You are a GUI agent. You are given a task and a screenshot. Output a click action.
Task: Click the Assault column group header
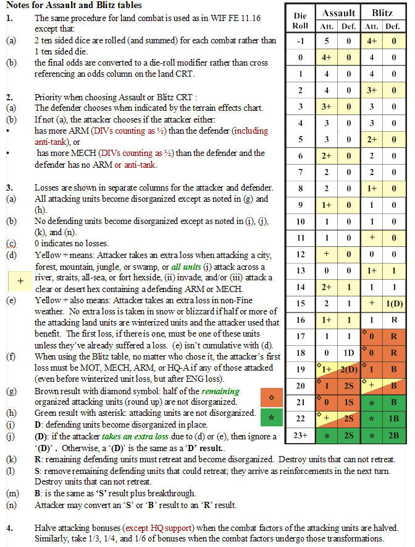(338, 12)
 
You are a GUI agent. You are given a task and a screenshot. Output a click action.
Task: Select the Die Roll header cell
(300, 20)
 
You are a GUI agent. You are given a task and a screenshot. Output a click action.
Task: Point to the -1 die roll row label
(300, 41)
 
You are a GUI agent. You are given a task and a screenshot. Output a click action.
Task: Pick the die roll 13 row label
(300, 270)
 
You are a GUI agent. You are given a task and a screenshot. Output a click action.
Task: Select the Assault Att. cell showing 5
(327, 41)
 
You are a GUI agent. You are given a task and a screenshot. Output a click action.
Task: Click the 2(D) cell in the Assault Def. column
(349, 369)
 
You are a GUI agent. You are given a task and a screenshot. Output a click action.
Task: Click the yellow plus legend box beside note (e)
(20, 280)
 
